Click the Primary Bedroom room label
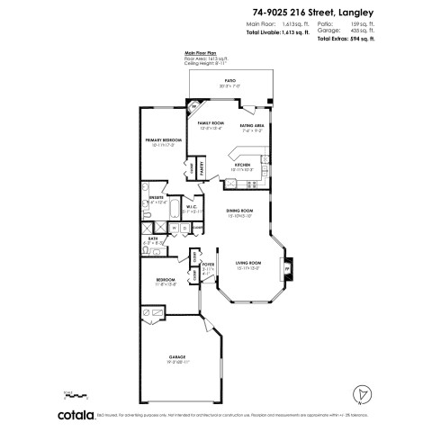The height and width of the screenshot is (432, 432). click(163, 140)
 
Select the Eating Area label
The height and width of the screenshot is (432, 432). click(251, 125)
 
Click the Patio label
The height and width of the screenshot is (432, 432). click(229, 80)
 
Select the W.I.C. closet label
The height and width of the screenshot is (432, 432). click(191, 207)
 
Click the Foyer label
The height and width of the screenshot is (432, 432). click(209, 264)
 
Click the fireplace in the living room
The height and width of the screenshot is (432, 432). click(287, 268)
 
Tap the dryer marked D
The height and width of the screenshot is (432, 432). click(184, 229)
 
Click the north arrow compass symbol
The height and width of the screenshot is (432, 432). click(360, 392)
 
